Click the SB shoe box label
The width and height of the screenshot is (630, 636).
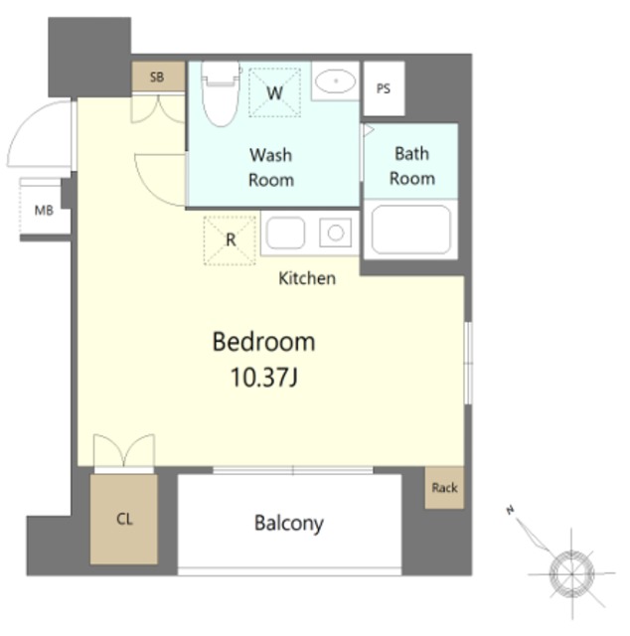[x=157, y=78]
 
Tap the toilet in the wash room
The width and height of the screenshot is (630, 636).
[x=221, y=93]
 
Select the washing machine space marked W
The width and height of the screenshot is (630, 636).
[x=274, y=92]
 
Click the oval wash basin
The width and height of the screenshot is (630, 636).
[x=336, y=81]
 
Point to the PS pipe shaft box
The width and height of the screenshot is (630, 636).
[x=384, y=88]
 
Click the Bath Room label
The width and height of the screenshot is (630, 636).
[x=412, y=166]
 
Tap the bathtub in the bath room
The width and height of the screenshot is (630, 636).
[x=411, y=230]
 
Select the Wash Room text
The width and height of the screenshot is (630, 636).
[x=271, y=168]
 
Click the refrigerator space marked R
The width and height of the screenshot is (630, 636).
[x=230, y=240]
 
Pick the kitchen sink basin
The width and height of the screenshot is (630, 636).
[x=285, y=233]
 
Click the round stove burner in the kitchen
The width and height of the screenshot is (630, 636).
[x=336, y=233]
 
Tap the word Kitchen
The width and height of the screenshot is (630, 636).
[x=307, y=278]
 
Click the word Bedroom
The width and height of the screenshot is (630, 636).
[x=263, y=342]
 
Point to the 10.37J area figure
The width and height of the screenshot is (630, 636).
[x=264, y=378]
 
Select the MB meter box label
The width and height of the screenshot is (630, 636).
[x=44, y=211]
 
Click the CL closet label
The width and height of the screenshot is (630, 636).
[x=124, y=519]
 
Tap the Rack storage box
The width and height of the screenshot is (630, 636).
[x=444, y=488]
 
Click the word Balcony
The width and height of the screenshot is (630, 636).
[x=289, y=524]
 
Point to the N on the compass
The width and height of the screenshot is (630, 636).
[x=510, y=510]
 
